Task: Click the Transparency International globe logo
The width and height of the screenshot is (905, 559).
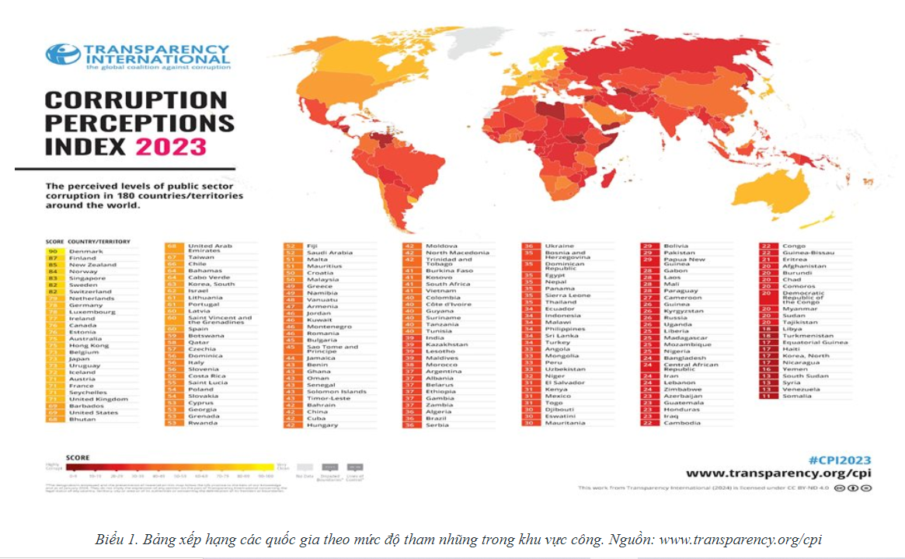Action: click(63, 54)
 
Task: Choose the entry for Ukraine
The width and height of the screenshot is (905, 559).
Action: click(559, 246)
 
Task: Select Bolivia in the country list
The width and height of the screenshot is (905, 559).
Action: click(676, 246)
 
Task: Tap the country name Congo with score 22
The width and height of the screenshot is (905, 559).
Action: click(794, 246)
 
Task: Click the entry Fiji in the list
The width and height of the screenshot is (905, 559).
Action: click(312, 246)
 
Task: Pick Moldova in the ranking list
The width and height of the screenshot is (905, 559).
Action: click(440, 246)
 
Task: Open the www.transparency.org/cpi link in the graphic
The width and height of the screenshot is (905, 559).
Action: click(778, 473)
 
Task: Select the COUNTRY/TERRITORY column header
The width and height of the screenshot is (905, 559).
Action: click(99, 241)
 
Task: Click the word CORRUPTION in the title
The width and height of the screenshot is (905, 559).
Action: click(136, 100)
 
